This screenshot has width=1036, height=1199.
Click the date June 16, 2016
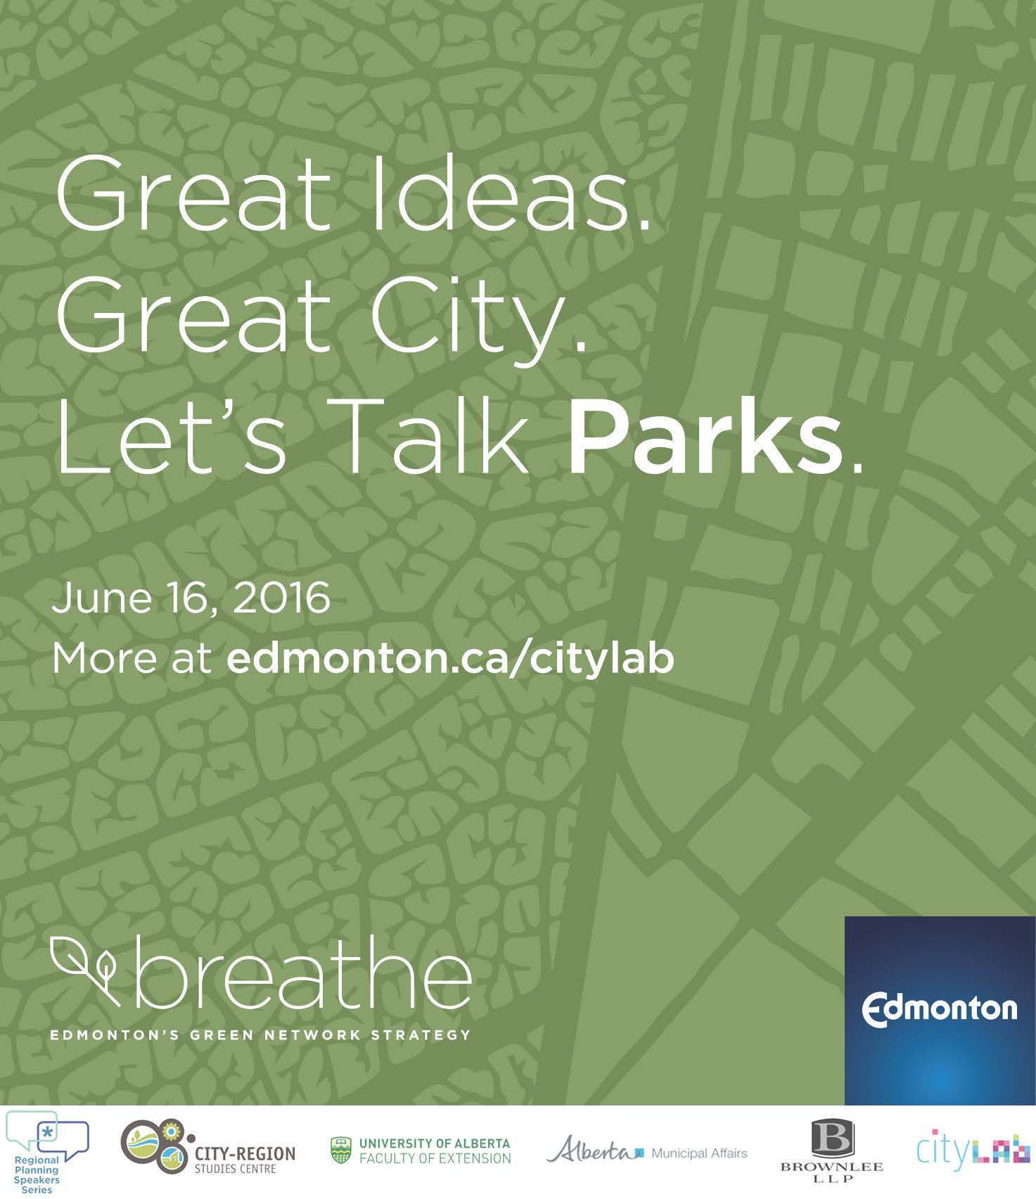point(191,598)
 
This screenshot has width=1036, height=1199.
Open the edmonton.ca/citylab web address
point(450,658)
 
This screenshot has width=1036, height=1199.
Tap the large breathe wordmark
point(302,974)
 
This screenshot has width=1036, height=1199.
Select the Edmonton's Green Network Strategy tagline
point(260,1035)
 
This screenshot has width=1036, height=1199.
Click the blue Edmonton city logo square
point(939,1010)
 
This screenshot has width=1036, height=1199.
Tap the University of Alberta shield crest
point(341,1150)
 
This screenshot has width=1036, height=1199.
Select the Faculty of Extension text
point(435,1158)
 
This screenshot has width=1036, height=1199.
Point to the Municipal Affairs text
point(698,1153)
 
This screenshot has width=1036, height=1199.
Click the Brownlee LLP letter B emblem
point(832,1137)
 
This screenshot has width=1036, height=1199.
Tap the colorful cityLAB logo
point(972,1150)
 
